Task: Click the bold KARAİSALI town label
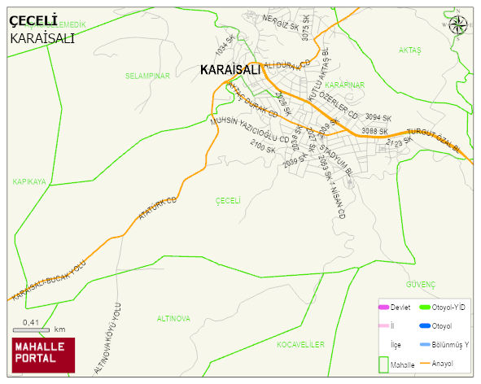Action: (230, 71)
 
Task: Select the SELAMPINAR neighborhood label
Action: (146, 76)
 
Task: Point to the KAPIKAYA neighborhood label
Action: (29, 181)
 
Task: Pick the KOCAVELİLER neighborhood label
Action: (300, 345)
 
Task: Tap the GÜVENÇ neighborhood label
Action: (421, 284)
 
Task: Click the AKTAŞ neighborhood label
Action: (409, 50)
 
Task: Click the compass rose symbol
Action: (460, 24)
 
